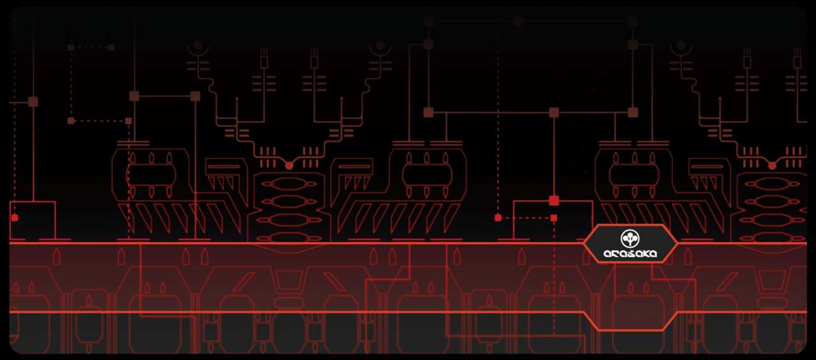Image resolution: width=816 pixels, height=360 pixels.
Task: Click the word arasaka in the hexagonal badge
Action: pos(630,254)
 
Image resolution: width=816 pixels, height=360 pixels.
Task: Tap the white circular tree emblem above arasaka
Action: pos(630,238)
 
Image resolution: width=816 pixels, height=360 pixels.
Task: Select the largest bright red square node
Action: pos(554,201)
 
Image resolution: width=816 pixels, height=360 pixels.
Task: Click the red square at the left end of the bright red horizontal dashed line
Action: pos(498,218)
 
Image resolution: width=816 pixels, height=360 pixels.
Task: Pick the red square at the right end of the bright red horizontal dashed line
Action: pos(554,218)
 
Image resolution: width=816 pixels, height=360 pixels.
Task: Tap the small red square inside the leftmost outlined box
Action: pos(15,218)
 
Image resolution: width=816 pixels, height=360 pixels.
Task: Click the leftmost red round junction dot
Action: pos(289,166)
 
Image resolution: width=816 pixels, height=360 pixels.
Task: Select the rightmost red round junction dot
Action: pos(772,166)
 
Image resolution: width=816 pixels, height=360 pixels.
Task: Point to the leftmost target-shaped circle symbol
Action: pos(198,45)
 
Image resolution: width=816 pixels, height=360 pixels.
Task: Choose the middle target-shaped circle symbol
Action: pos(380,45)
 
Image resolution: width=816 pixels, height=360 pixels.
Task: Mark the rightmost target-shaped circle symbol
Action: pos(680,45)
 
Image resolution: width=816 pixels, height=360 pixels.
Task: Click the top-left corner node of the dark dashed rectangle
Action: pos(71,47)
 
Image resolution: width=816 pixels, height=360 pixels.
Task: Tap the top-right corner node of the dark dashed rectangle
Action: pos(112,47)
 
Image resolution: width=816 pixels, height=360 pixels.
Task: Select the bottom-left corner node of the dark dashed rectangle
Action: pos(71,121)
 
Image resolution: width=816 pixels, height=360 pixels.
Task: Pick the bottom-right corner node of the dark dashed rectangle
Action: pos(128,121)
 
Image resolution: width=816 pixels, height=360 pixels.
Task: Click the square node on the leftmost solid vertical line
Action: pos(33,101)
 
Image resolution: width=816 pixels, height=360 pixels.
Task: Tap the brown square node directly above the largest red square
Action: pos(554,113)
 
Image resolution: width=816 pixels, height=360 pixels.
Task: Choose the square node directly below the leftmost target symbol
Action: pos(195,96)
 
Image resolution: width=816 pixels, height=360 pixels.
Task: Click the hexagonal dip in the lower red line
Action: pos(630,330)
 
